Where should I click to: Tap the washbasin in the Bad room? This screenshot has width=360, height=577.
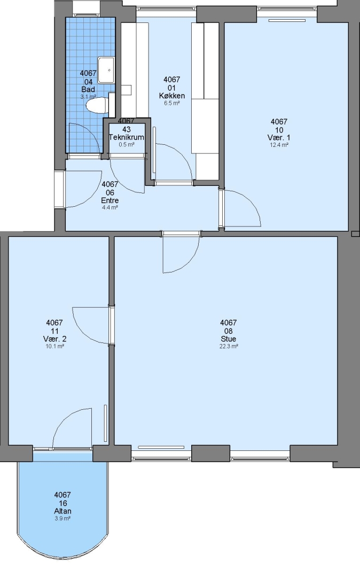(107, 69)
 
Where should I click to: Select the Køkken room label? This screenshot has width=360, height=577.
(172, 96)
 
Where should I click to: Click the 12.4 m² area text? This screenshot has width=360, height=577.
(279, 145)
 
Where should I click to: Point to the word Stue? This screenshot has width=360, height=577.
(229, 339)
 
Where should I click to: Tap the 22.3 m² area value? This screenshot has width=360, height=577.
(229, 346)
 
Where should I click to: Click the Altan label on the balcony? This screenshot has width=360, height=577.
(62, 511)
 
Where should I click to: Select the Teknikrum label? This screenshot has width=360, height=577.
(126, 137)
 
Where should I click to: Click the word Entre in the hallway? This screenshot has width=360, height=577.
(109, 200)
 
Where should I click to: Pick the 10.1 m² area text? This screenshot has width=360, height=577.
(55, 346)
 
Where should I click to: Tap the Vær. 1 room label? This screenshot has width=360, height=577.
(279, 138)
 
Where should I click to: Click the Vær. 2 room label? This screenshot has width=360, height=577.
(55, 339)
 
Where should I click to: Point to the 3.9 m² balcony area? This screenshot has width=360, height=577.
(62, 518)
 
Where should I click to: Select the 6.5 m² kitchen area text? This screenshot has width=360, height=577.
(172, 104)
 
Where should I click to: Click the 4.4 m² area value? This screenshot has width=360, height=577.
(109, 207)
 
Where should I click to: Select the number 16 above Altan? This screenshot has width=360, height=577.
(62, 503)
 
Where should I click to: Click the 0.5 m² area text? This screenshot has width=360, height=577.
(126, 145)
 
